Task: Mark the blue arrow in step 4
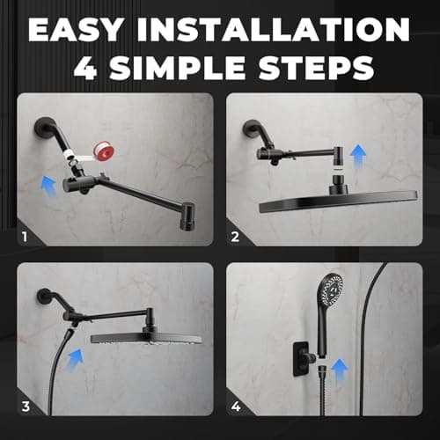pos(340,365)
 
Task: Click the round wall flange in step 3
pos(40,297)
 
